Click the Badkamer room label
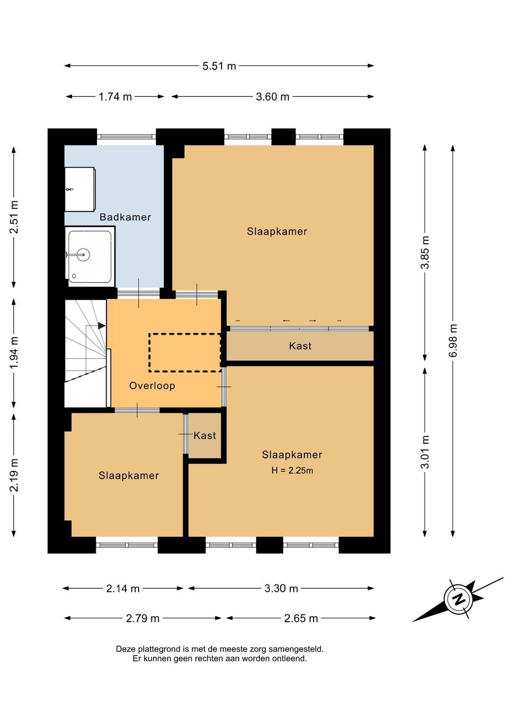125,217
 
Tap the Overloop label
152,385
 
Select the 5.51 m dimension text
219,66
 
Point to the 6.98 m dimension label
453,340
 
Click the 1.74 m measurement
115,97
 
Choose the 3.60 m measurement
273,97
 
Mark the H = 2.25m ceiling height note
292,470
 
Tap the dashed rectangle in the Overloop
185,353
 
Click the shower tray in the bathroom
90,257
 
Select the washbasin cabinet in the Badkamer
80,190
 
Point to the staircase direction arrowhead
102,325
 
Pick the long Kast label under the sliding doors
300,346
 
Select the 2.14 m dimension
123,589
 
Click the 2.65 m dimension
301,619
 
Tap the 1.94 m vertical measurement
14,353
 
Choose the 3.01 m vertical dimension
425,452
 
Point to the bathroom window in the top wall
126,136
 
